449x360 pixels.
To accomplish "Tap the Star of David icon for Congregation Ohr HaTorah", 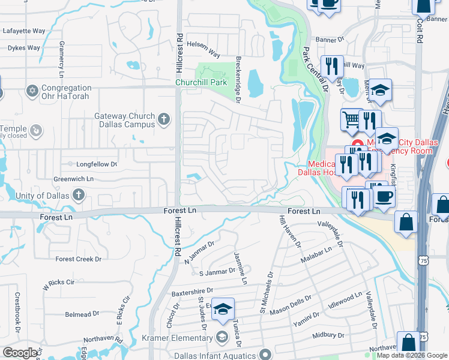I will point(32,91).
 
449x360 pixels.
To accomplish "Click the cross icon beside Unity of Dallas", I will point(78,195).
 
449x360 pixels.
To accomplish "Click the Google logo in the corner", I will point(20,352).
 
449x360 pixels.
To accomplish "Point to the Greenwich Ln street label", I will point(74,179).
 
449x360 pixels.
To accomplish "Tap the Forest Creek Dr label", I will point(79,259).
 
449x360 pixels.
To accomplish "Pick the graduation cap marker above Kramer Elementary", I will point(223,309).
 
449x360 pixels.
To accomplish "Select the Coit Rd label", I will point(419,31).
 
